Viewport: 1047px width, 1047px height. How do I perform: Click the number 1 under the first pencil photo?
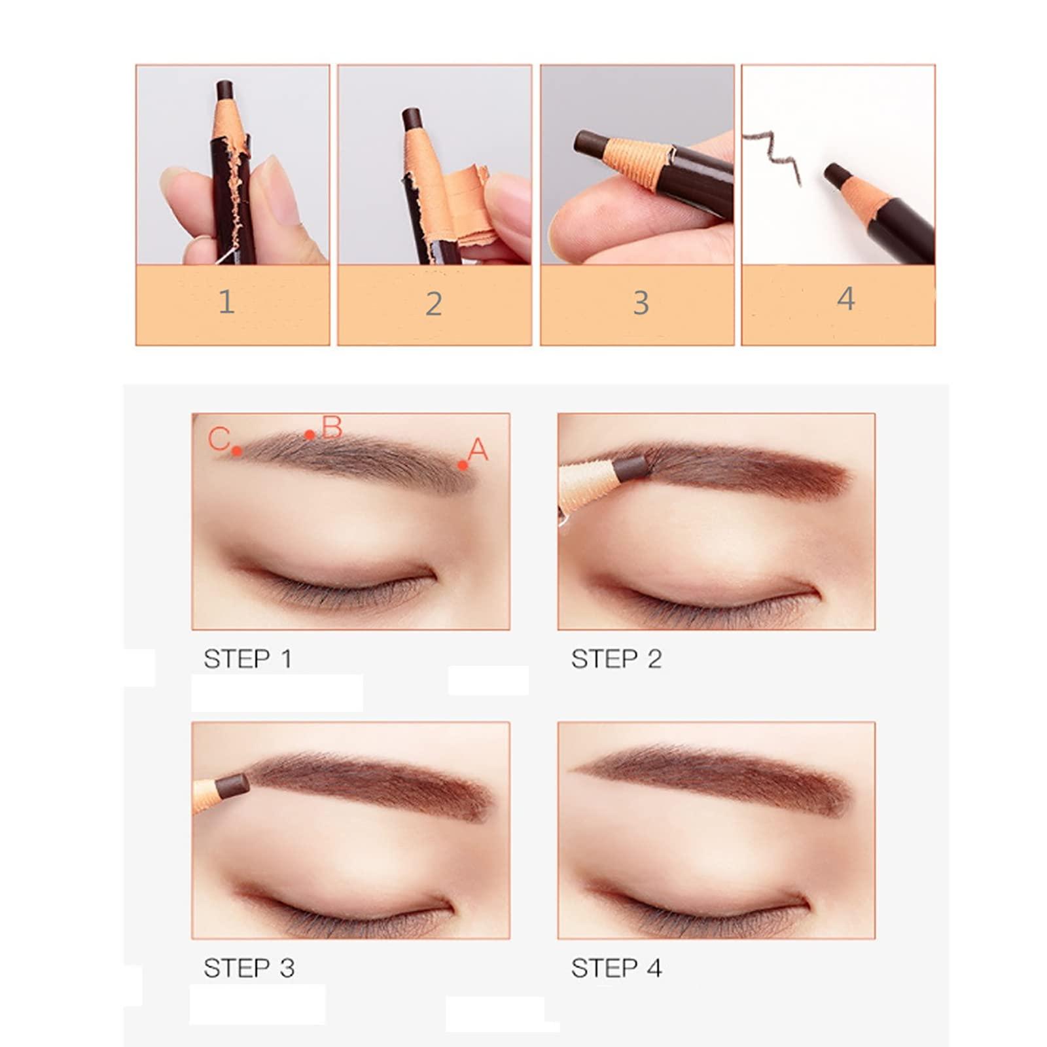pos(226,302)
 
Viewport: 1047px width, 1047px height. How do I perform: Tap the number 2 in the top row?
pos(433,304)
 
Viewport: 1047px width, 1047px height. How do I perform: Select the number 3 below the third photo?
pos(641,303)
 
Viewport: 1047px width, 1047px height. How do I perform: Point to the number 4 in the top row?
pos(845,299)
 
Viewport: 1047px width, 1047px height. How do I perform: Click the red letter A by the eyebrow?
pos(479,450)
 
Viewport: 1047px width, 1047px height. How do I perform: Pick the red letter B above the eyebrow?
pos(332,427)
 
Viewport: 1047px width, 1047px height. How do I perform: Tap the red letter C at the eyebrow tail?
pos(219,438)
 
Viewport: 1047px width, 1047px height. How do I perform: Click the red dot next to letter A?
pos(463,465)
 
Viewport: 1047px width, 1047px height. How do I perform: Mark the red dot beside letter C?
pos(237,451)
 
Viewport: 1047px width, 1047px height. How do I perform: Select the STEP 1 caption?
pos(247,659)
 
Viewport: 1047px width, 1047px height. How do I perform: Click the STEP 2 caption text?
pos(616,659)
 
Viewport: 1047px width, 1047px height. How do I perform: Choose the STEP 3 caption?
pos(249,968)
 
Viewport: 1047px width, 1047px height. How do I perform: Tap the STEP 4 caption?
pos(616,968)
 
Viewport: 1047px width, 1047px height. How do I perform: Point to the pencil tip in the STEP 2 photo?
pos(631,467)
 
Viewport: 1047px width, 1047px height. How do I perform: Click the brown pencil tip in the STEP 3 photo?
pos(232,785)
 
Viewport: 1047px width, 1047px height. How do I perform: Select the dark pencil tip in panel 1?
pos(225,90)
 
